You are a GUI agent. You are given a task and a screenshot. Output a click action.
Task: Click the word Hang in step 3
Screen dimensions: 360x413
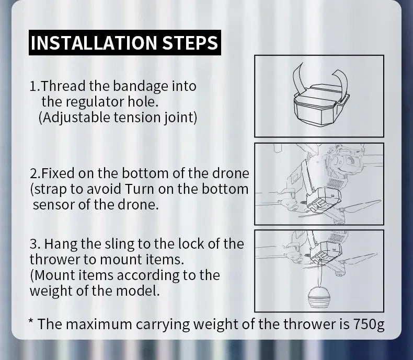click(x=59, y=244)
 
